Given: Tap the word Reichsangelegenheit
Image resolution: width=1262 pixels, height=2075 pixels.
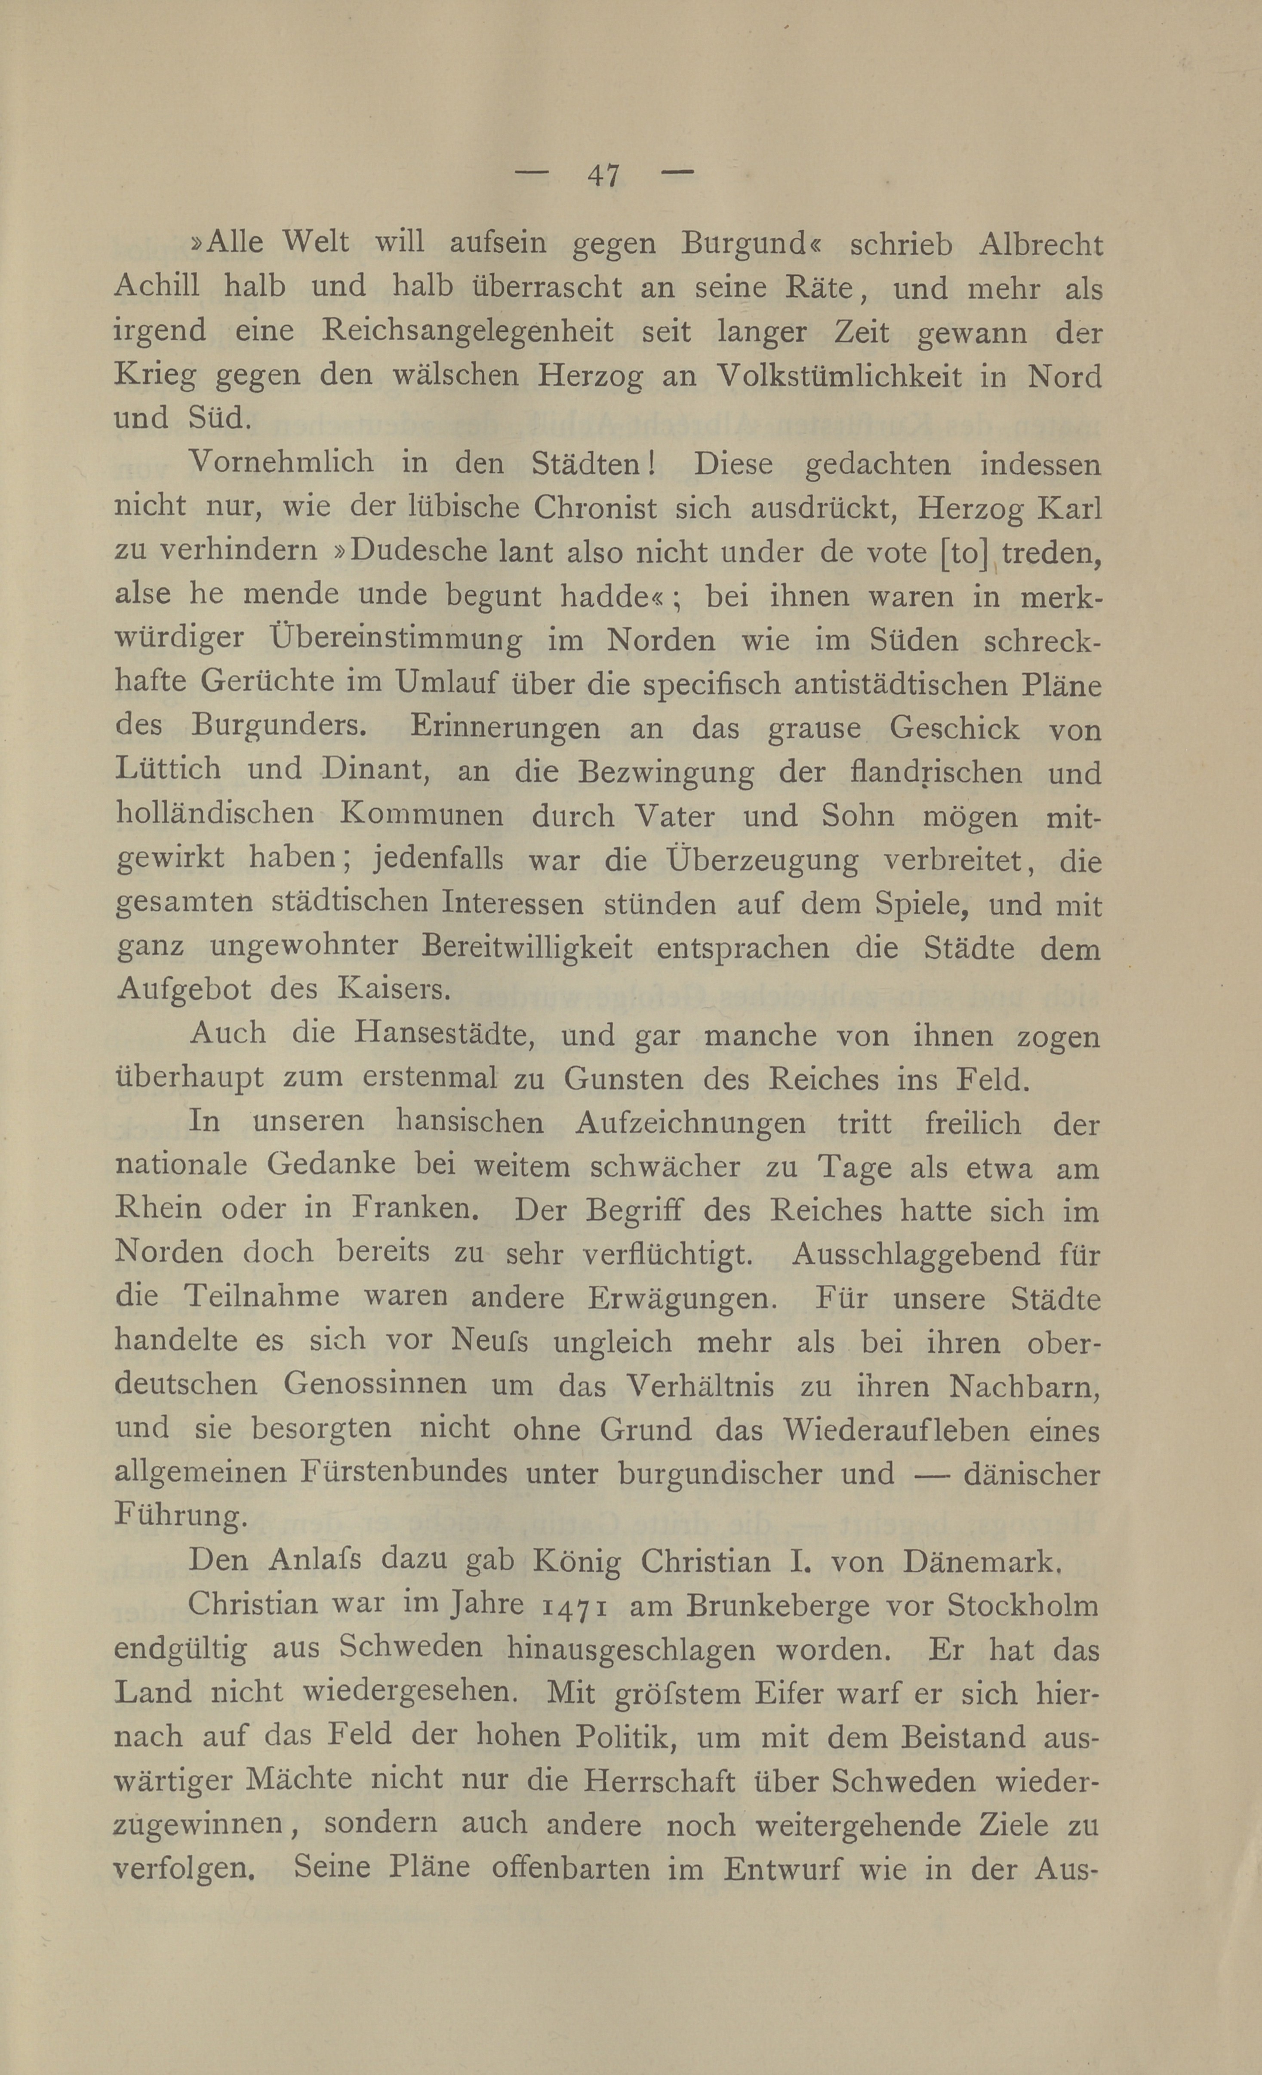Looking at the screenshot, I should click(468, 332).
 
